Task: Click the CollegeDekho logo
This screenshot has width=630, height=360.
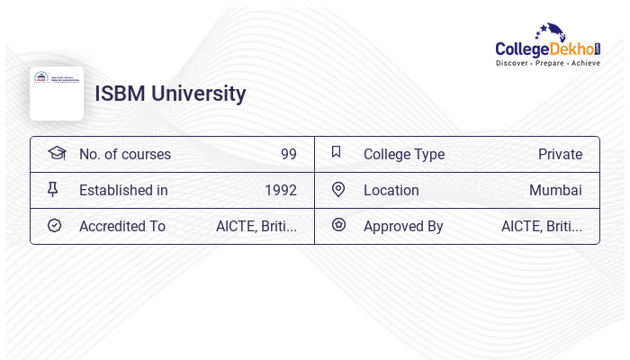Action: (x=548, y=44)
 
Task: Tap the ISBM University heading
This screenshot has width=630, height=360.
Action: (x=170, y=94)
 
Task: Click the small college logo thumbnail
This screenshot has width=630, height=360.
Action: (x=57, y=94)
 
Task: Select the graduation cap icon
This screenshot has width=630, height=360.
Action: (x=57, y=153)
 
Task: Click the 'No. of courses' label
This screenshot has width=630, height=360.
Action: (x=125, y=154)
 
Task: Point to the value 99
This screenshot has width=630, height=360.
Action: (x=288, y=154)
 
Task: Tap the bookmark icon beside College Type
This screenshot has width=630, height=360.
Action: (x=337, y=152)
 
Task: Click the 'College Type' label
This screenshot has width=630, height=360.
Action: (x=404, y=154)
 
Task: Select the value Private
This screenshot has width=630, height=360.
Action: (x=560, y=154)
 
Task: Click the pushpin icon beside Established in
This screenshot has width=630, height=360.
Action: (x=53, y=189)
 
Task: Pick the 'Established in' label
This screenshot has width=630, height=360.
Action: (x=123, y=190)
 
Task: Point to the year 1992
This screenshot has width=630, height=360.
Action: (x=280, y=190)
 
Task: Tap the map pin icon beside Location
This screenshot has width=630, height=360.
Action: (x=338, y=189)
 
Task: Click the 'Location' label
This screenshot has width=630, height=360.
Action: (x=391, y=190)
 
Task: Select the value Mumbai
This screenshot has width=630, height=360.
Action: (x=555, y=190)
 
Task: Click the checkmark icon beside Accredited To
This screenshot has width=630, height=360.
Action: (x=54, y=225)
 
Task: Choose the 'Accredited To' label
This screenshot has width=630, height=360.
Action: (x=122, y=226)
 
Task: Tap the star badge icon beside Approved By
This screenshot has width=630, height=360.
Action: (x=338, y=225)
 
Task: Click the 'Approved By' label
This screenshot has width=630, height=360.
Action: (x=403, y=226)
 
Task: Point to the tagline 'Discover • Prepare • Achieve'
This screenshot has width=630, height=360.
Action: (x=548, y=63)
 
